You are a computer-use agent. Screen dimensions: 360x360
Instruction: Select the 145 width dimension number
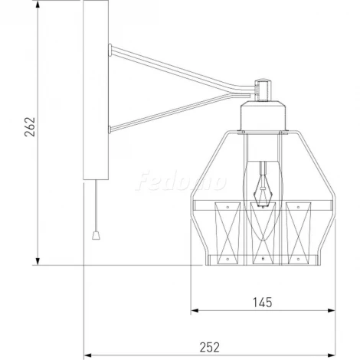(263, 302)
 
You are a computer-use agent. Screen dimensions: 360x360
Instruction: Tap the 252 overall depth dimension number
(208, 346)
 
